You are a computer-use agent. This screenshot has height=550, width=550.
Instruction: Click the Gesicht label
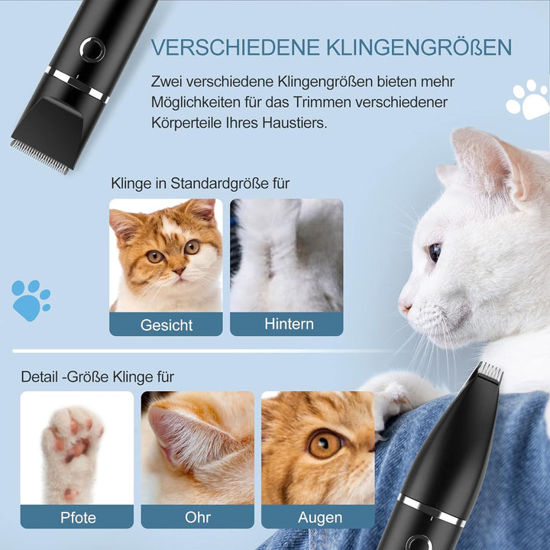point(167,325)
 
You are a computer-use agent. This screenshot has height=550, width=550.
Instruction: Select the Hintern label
point(289,324)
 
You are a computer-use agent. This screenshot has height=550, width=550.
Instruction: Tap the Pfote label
point(78,518)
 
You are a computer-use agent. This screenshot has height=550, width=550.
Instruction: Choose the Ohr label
point(198,517)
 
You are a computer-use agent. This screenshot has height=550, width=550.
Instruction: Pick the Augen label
point(319,518)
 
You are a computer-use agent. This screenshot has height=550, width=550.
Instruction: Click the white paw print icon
point(529,99)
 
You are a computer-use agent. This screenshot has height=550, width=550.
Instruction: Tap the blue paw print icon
point(31,300)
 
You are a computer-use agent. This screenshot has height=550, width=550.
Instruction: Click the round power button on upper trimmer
point(92,50)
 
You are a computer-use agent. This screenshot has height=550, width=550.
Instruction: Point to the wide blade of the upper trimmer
point(40,157)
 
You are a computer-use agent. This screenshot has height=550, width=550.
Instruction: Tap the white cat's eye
point(434,252)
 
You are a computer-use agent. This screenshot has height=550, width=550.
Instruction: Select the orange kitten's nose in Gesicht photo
point(179,270)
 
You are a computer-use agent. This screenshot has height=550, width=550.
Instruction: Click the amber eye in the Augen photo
point(324,444)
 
